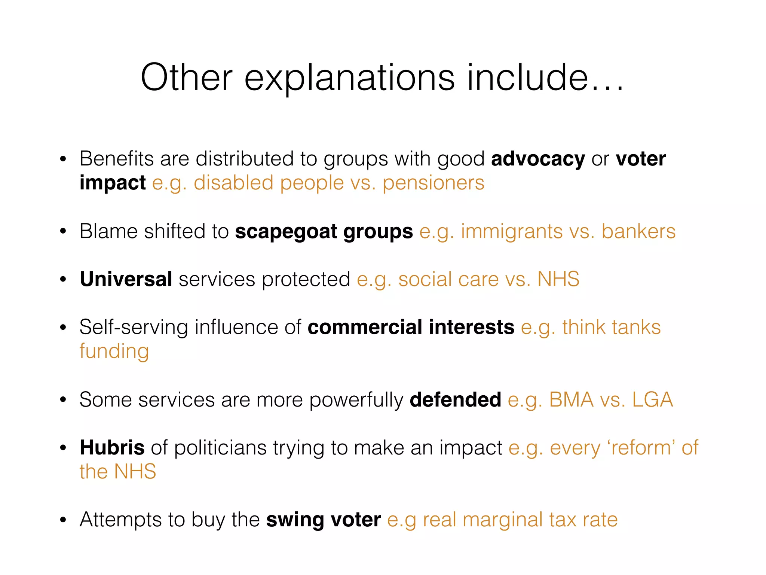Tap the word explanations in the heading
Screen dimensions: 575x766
[x=349, y=78]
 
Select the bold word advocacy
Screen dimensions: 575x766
[x=538, y=159]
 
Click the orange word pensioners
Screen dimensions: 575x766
[x=433, y=183]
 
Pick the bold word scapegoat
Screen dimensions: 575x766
[x=286, y=232]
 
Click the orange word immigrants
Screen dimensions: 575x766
[x=512, y=232]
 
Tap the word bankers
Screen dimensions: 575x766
[x=638, y=231]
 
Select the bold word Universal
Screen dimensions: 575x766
[x=126, y=279]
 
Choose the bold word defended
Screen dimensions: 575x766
[x=455, y=399]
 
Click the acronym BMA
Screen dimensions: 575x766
[x=571, y=399]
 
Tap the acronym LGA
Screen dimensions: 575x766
[x=652, y=399]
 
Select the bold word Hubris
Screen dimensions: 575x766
[x=112, y=447]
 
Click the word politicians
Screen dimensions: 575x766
[x=220, y=447]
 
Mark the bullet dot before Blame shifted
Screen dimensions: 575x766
[x=63, y=232]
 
